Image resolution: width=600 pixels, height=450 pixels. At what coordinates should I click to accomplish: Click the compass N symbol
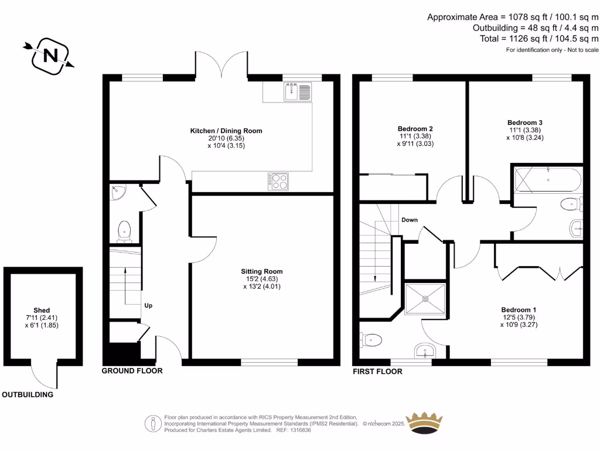pos(50,56)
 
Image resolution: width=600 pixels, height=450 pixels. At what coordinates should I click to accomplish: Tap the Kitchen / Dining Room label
pos(226,131)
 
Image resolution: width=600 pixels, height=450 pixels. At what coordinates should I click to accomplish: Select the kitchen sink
pos(297,91)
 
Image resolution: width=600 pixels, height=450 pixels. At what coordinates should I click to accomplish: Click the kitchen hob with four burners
pos(278,182)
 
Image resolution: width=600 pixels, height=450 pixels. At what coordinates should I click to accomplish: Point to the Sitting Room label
pos(262,271)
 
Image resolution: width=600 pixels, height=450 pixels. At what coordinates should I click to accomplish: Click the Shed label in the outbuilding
pos(42,311)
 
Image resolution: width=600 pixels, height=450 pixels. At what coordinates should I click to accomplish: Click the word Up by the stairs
pos(148,305)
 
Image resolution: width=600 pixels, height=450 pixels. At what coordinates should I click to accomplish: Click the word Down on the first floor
pos(410,220)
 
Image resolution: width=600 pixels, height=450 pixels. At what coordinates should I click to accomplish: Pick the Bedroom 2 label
pos(415,129)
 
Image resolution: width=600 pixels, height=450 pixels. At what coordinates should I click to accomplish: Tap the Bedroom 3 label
pos(525,123)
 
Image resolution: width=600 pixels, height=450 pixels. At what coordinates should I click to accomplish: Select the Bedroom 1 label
pos(519,310)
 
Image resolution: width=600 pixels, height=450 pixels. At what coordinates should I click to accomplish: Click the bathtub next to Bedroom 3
pos(548,179)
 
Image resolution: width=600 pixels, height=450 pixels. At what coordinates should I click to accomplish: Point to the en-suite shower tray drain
pos(425,298)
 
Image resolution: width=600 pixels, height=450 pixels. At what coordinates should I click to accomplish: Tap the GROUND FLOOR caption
pos(132,371)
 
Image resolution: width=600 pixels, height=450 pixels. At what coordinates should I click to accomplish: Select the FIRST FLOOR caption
pos(377,371)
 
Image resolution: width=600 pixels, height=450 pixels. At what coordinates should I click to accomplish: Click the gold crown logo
pos(424,423)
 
